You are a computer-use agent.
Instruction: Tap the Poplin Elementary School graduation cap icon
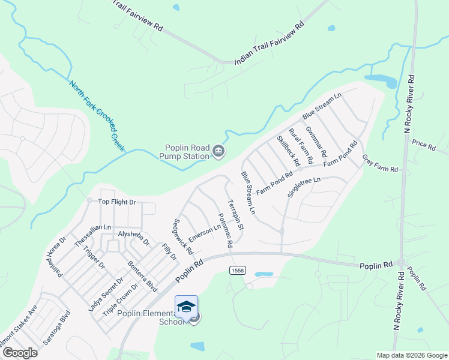(187, 307)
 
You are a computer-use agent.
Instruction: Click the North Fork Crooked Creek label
(97, 115)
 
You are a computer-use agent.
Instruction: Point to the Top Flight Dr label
(117, 202)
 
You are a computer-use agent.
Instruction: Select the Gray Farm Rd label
(379, 163)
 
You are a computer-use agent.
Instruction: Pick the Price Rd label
(424, 145)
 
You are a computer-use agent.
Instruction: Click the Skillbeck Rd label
(288, 151)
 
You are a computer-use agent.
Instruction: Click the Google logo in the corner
(20, 353)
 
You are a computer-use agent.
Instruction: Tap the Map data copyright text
(411, 355)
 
